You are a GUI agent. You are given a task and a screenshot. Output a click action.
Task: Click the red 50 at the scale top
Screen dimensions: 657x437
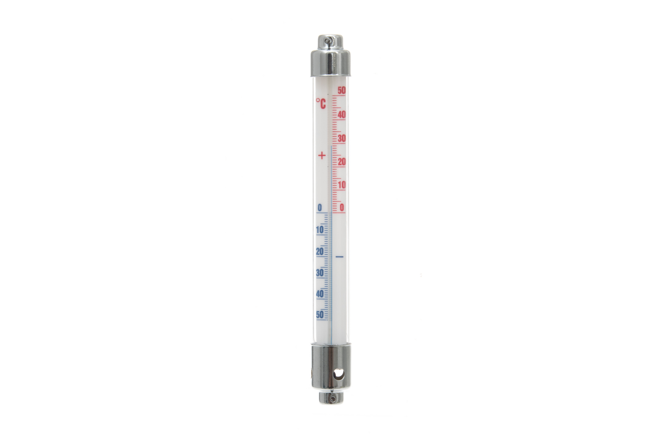coord(341,91)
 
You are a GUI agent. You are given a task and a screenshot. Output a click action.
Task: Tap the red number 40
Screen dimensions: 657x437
coord(341,114)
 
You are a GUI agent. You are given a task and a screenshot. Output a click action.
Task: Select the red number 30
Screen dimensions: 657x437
coord(341,138)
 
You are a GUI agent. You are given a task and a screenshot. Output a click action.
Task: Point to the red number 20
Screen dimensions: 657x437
coord(341,161)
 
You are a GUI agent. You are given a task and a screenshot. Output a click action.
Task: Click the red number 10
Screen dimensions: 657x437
coord(342,185)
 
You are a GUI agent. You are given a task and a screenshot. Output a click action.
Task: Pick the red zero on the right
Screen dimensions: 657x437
coord(342,208)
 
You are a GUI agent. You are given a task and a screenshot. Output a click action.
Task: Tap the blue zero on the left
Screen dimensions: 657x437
coord(320,208)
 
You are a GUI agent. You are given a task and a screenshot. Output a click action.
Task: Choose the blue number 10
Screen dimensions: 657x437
coord(320,229)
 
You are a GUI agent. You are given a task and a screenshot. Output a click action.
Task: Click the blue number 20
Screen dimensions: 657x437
coord(320,251)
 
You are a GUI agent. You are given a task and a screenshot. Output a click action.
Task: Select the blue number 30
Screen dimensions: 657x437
coord(320,273)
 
